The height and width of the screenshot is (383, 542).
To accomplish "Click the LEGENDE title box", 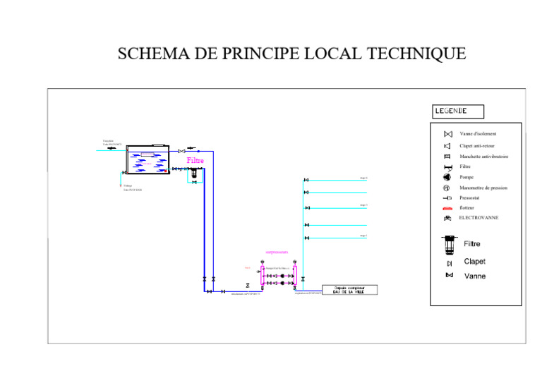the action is click(459, 111).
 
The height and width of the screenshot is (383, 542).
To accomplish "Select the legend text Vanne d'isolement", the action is click(478, 133).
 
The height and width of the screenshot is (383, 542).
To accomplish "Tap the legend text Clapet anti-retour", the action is click(477, 145).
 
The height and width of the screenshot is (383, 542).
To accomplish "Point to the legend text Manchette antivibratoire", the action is click(483, 157).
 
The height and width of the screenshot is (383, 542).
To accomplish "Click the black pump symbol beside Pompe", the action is click(447, 177).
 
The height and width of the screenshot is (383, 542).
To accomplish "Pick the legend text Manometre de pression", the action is click(483, 188).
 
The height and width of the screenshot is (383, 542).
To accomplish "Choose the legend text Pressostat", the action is click(470, 198).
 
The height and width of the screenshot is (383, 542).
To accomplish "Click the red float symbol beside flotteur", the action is click(447, 208).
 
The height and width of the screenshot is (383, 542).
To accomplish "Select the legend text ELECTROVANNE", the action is click(478, 218).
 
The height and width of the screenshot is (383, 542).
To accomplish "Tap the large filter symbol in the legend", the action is click(448, 244).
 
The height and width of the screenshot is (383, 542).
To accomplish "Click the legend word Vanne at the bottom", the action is click(475, 276).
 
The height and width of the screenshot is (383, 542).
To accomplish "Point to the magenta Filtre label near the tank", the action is click(195, 161).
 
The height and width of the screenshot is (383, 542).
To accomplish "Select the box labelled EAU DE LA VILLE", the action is click(349, 290).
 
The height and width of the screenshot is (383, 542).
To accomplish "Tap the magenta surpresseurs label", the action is click(277, 252).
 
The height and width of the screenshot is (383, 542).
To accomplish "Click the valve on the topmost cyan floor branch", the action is click(306, 181).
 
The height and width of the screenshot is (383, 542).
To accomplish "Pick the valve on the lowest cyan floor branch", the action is click(306, 238).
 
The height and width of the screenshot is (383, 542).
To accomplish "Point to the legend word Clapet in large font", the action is click(474, 262).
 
